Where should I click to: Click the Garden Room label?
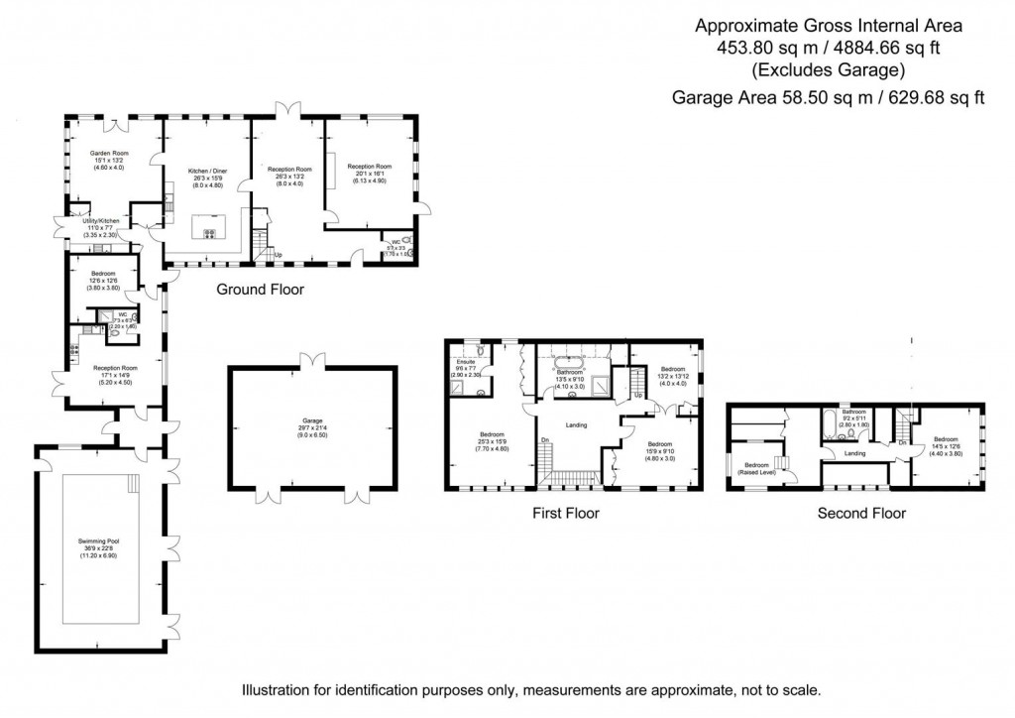(x=109, y=154)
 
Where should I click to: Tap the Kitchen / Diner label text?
(x=207, y=171)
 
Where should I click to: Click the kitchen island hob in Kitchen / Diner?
(x=210, y=234)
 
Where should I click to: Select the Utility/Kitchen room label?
(x=100, y=220)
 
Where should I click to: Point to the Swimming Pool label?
(x=98, y=541)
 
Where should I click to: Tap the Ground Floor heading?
(x=260, y=290)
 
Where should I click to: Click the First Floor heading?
(x=564, y=513)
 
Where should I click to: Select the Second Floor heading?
(x=860, y=513)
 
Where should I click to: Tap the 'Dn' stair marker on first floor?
(x=544, y=440)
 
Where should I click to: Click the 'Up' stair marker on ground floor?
(x=280, y=254)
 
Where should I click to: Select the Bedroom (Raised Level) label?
(x=758, y=468)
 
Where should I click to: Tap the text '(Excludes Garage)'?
(x=828, y=69)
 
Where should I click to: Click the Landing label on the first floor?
(x=575, y=425)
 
